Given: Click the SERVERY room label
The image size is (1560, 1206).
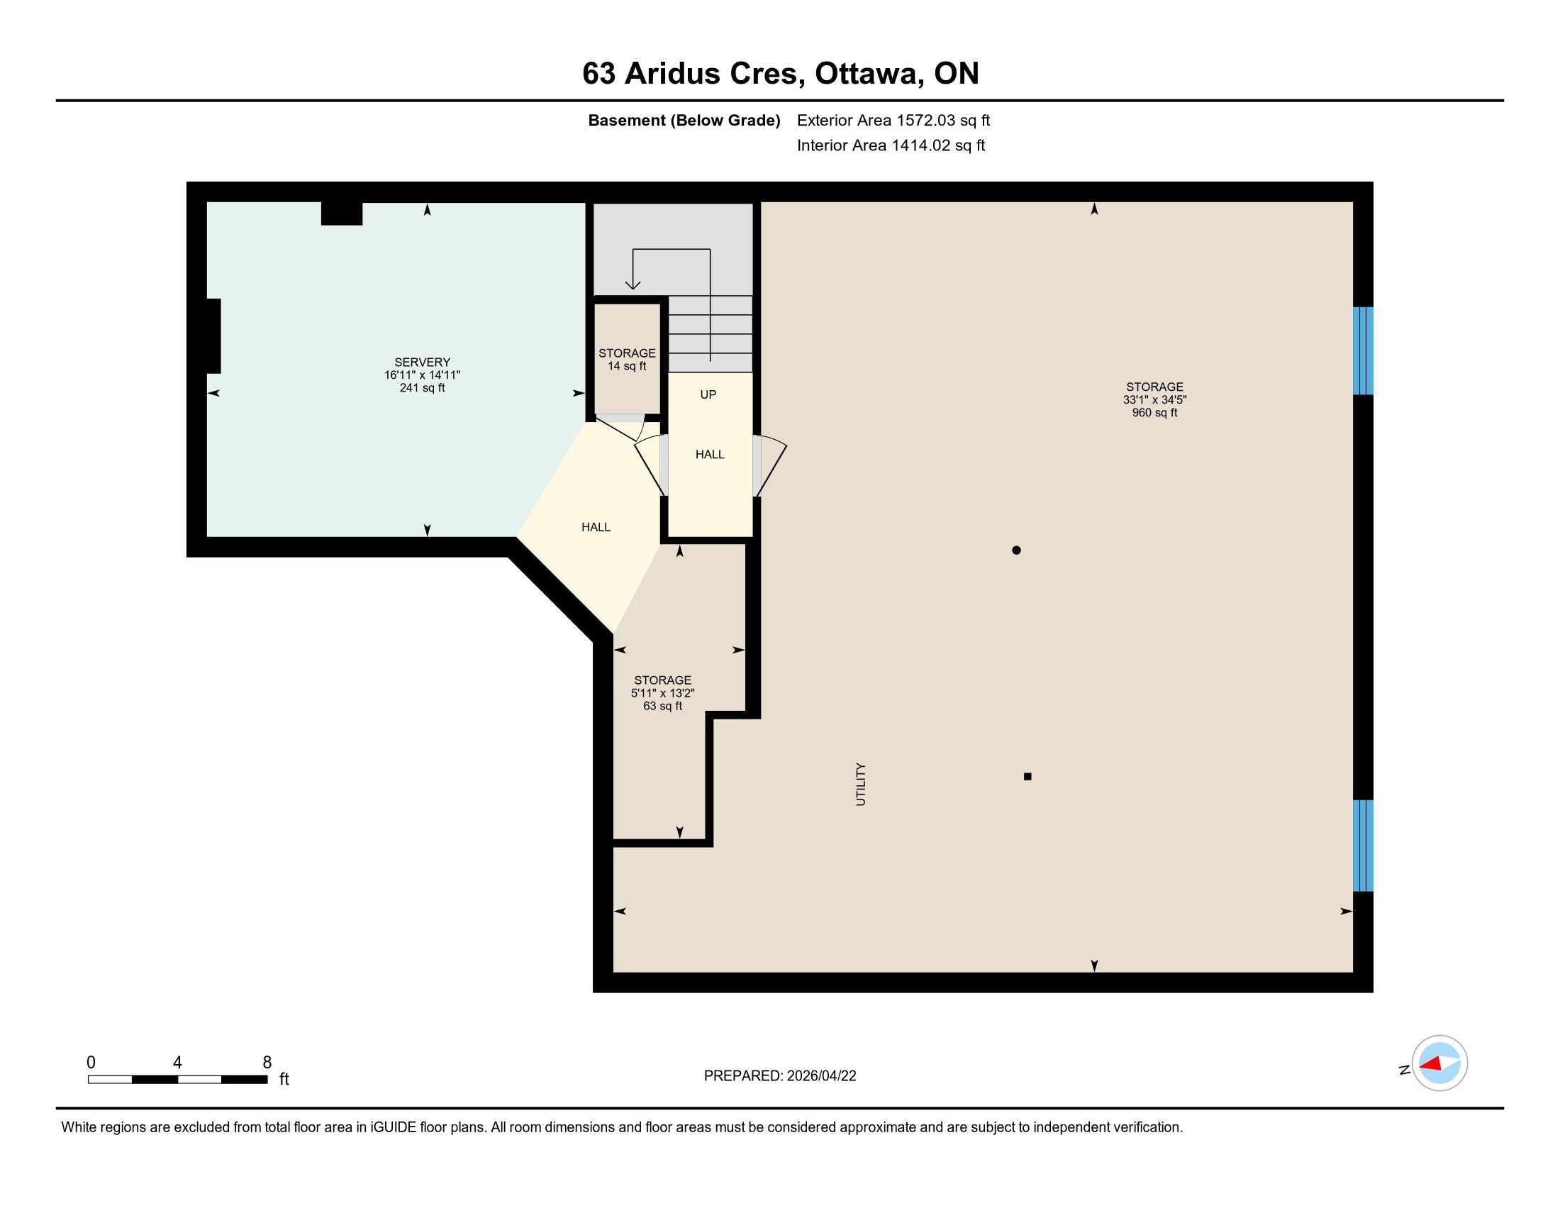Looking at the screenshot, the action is (x=422, y=363).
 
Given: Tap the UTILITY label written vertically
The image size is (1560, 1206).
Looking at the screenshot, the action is (x=861, y=784).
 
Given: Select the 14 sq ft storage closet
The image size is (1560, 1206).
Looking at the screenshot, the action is (x=627, y=360).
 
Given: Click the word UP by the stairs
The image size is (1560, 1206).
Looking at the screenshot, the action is (x=708, y=394).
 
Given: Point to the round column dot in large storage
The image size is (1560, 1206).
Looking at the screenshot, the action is (x=1016, y=550).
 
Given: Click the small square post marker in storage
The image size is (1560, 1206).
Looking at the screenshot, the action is (x=1028, y=777).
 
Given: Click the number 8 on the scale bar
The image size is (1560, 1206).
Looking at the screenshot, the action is (x=267, y=1063).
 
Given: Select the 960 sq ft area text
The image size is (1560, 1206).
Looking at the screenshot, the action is (x=1154, y=413).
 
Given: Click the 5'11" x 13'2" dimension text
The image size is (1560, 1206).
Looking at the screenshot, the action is (x=663, y=693).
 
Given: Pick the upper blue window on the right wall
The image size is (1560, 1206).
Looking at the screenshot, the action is (x=1364, y=350).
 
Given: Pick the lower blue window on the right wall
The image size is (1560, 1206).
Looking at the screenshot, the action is (x=1364, y=846).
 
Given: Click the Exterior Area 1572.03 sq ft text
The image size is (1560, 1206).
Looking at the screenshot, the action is (x=893, y=120).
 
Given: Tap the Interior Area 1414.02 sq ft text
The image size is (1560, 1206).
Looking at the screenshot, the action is (x=891, y=145).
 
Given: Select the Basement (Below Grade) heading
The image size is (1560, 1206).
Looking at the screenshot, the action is (x=684, y=120).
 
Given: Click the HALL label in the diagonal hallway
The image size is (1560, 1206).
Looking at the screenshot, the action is (x=596, y=527).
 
